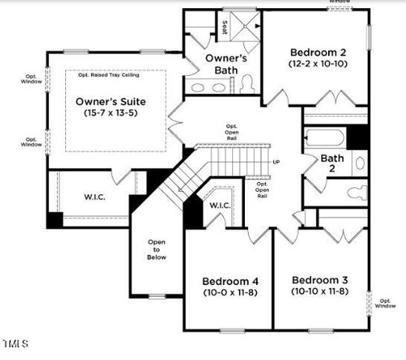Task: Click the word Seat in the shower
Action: tap(225, 27)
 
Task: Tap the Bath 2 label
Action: tap(333, 163)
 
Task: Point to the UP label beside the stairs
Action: tap(276, 162)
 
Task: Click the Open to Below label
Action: tap(157, 249)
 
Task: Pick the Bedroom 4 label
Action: tap(229, 281)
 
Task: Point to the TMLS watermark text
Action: tap(15, 344)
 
